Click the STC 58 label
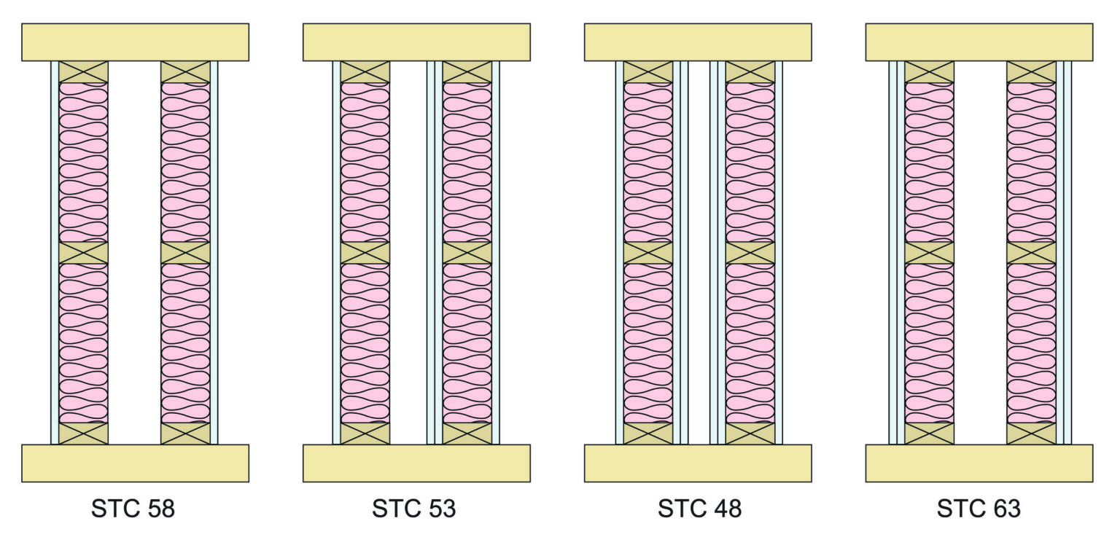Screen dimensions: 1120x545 tap(133, 509)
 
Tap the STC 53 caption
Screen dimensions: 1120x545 tap(414, 509)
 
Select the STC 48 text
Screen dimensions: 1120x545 tap(699, 509)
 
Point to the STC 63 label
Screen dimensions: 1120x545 tap(979, 509)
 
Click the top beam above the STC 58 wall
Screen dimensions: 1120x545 tap(135, 42)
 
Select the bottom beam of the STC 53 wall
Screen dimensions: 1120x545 tap(416, 463)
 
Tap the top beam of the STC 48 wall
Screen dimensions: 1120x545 tap(698, 42)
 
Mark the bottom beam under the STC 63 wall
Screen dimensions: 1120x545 tap(979, 463)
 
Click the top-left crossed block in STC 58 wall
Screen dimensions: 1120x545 tap(84, 72)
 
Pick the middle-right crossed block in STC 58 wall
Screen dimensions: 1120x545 tap(185, 253)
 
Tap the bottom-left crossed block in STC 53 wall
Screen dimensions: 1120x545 tap(365, 434)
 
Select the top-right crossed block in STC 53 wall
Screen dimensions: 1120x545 tap(467, 72)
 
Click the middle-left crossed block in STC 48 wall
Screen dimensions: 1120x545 tap(648, 253)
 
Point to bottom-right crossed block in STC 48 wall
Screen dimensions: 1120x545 tap(750, 434)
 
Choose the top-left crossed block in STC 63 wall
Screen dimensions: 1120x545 tap(930, 72)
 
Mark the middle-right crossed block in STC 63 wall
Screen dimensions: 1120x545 tap(1032, 253)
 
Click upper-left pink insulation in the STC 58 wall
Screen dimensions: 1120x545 tap(84, 162)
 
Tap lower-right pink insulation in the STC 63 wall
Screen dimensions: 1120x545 tap(1032, 343)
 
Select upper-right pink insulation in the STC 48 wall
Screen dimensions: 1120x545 tap(750, 162)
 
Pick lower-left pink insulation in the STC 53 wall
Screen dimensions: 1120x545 tap(365, 343)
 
